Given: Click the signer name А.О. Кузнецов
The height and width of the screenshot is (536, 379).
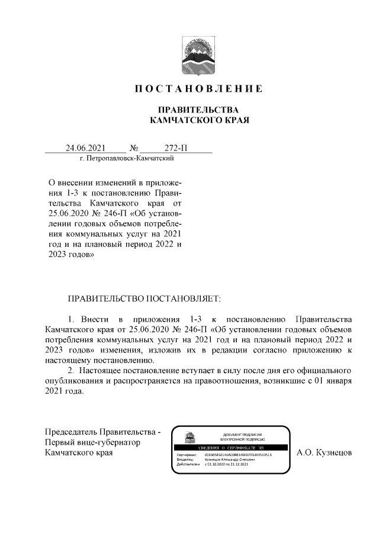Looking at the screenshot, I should point(324,453).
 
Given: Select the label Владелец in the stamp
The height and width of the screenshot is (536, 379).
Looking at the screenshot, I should point(185,459).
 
